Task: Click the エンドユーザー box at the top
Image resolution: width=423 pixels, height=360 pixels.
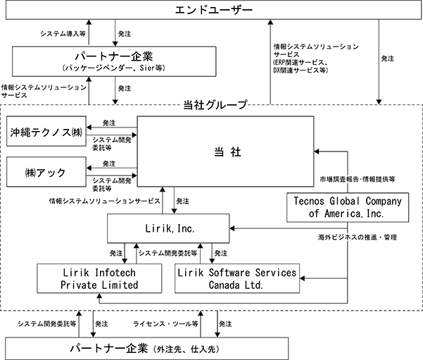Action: (213, 11)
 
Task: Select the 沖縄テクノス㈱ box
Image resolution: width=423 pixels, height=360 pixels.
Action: (46, 131)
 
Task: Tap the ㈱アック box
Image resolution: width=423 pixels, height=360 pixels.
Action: (46, 172)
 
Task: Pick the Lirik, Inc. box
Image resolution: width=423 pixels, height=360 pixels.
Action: (168, 228)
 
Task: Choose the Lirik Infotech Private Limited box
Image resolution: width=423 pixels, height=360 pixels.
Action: (99, 278)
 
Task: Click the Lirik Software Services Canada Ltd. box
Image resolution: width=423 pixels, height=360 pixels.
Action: (237, 278)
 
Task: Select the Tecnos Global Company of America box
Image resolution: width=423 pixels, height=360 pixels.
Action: (348, 207)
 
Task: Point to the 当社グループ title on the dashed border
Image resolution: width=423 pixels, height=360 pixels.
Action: (215, 105)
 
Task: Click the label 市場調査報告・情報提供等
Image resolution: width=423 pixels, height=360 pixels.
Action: (358, 179)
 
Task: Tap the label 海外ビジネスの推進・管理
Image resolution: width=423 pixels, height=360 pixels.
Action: (357, 237)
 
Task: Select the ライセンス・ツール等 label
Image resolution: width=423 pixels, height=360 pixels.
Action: (165, 323)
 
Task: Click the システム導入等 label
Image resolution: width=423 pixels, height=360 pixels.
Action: (63, 34)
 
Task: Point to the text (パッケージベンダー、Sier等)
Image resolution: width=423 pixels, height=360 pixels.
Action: (113, 68)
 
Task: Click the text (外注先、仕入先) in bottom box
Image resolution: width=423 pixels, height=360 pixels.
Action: (186, 349)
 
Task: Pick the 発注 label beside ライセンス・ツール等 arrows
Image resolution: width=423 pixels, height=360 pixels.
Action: (225, 323)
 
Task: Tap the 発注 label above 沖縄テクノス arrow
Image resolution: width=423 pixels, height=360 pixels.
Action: (109, 123)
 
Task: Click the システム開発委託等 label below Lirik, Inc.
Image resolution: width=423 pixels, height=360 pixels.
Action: (168, 253)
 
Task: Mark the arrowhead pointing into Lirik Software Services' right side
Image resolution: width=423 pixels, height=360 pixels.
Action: (302, 278)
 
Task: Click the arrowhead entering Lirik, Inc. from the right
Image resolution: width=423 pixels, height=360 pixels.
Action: (232, 228)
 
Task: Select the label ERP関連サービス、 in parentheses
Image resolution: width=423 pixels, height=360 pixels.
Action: (301, 63)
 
